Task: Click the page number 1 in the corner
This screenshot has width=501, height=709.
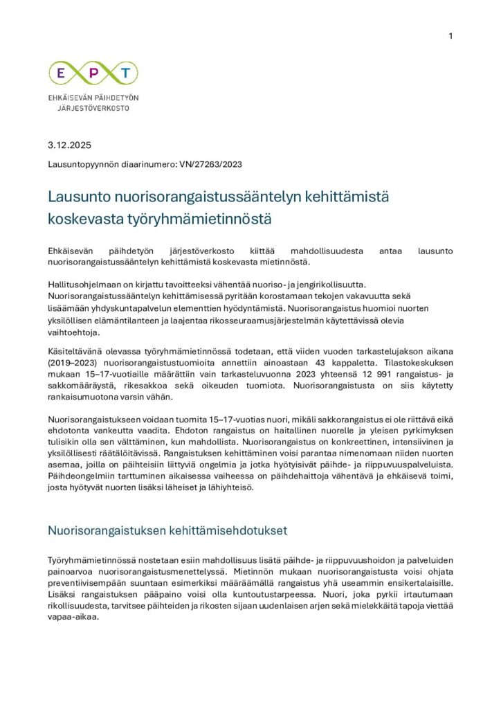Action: (x=450, y=36)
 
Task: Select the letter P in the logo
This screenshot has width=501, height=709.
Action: (x=93, y=73)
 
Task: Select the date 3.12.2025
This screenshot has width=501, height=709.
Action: (x=69, y=145)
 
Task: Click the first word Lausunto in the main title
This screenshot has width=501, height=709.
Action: (x=78, y=197)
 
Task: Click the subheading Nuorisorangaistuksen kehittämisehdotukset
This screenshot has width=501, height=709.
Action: (x=167, y=531)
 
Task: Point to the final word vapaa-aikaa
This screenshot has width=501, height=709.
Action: (x=74, y=618)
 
